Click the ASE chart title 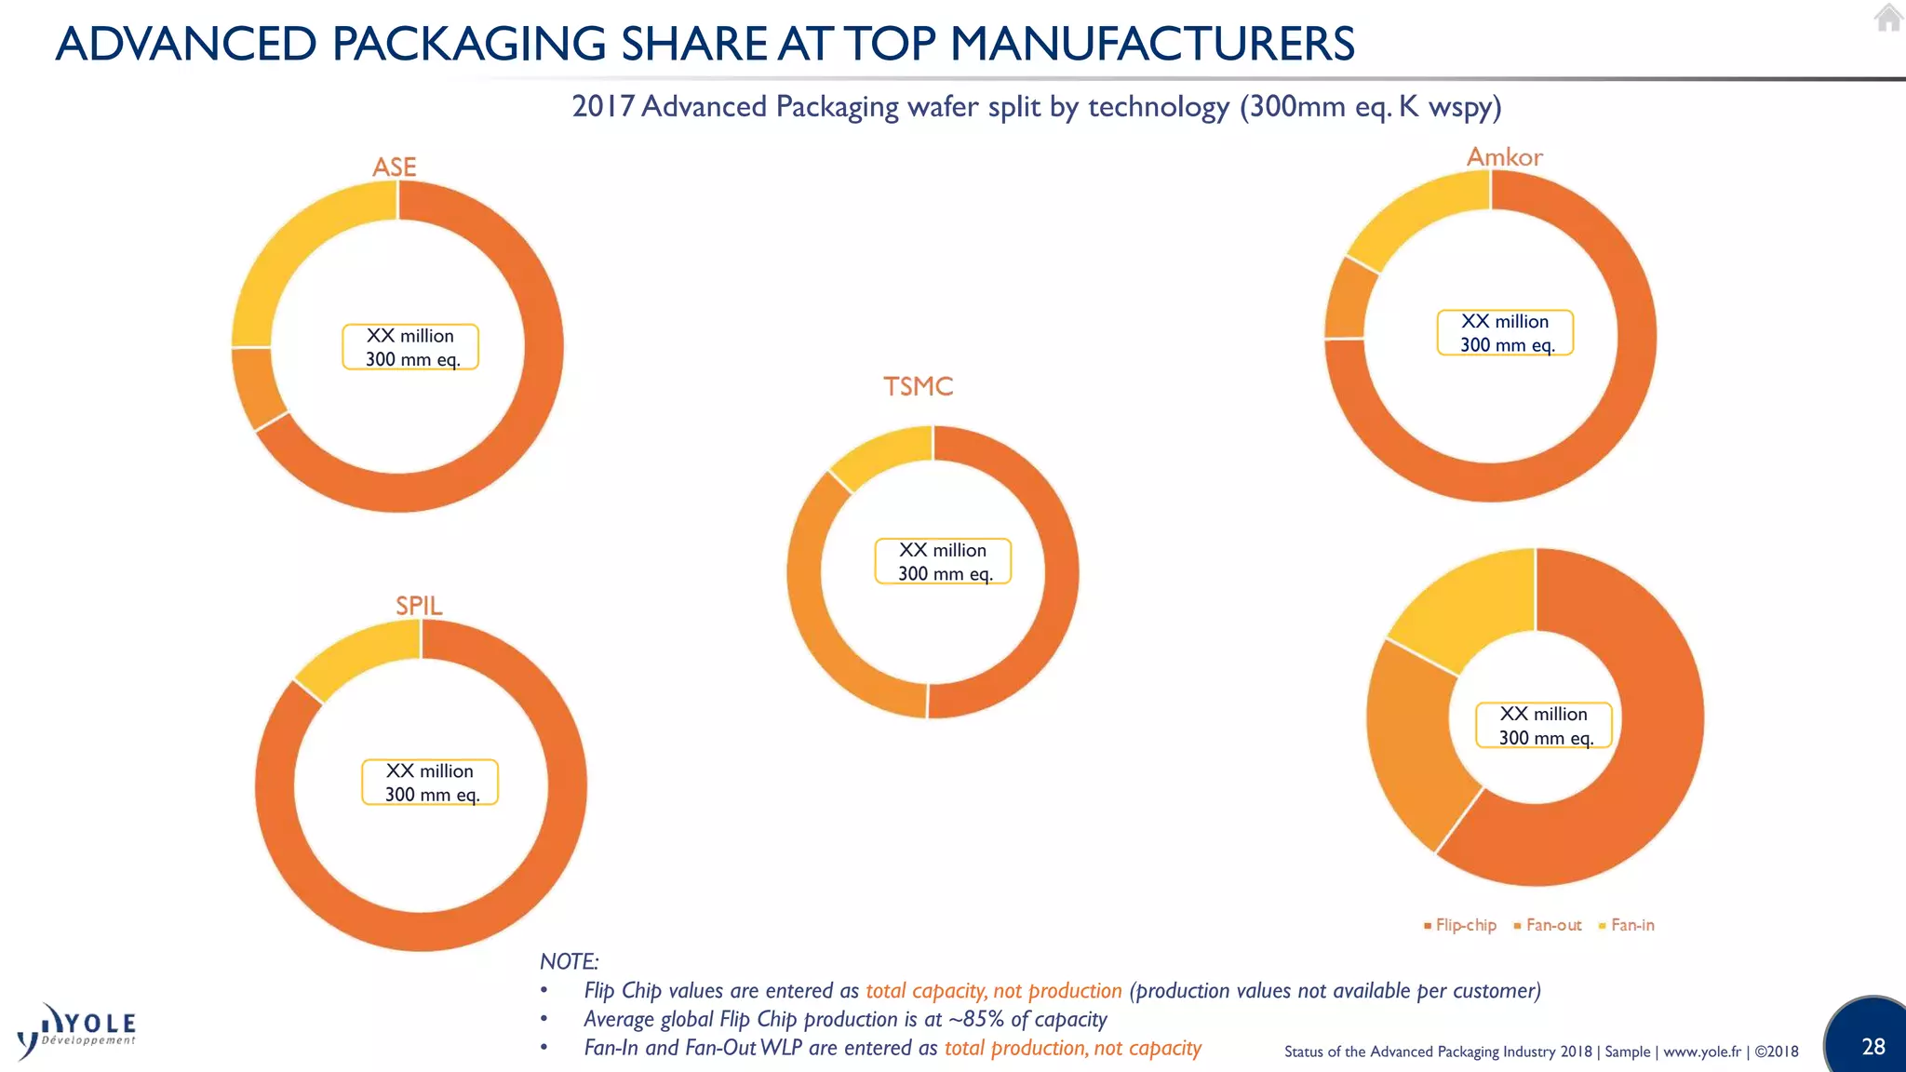[394, 167]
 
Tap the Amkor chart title [1504, 157]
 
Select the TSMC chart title [918, 386]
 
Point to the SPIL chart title [419, 606]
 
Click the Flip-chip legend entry [1460, 925]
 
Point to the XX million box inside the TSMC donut [943, 561]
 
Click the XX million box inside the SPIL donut [430, 782]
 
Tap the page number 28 [1872, 1047]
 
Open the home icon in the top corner [1888, 18]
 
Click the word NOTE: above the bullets [569, 961]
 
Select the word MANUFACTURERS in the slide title [1151, 44]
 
